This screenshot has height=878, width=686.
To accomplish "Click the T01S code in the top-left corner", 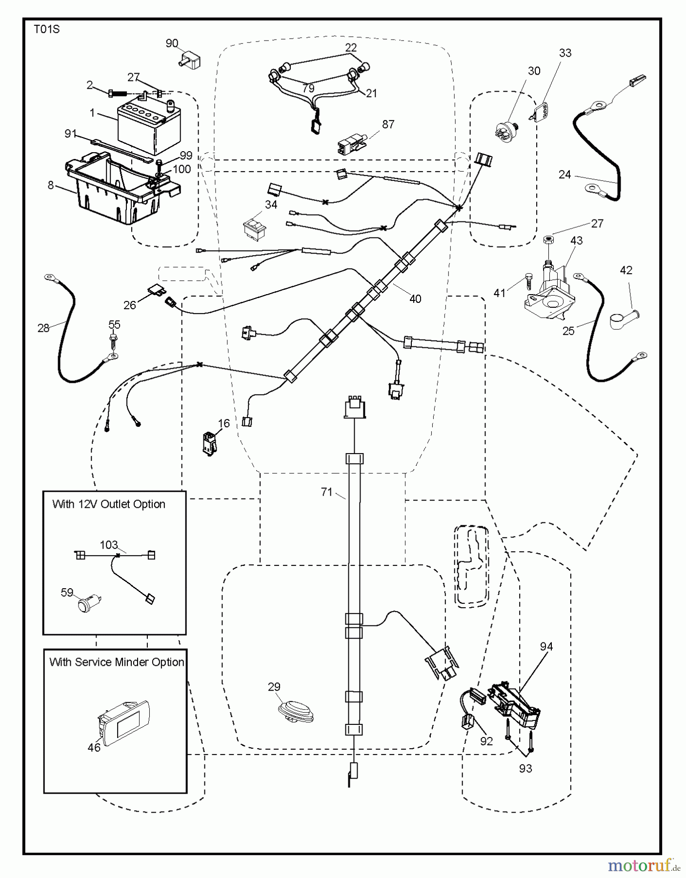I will [x=46, y=30].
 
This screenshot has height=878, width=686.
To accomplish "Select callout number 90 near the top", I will [x=172, y=44].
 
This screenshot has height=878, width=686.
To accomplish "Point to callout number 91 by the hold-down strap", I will [x=71, y=134].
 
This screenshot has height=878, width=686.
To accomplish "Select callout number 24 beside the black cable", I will [x=565, y=174].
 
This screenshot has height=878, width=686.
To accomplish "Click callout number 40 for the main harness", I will [x=415, y=299].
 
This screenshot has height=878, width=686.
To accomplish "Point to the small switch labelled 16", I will [x=210, y=442].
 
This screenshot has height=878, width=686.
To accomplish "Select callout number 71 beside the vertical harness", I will [x=326, y=492].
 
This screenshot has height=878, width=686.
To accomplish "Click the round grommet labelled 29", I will [x=295, y=709].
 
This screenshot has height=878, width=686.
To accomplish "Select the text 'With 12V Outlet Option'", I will [x=109, y=504].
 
